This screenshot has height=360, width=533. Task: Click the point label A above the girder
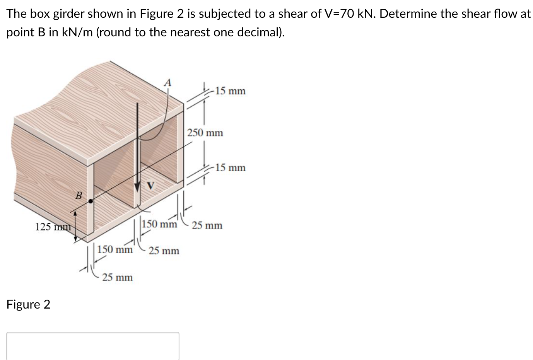[167, 82]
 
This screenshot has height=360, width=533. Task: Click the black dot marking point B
[91, 201]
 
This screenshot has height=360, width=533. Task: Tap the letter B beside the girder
[78, 196]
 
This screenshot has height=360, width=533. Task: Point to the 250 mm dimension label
[205, 133]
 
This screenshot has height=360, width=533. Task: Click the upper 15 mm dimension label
[230, 91]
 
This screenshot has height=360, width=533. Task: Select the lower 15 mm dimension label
[230, 168]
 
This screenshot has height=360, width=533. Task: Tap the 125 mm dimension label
[53, 227]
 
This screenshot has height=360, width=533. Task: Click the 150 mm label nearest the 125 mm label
[115, 249]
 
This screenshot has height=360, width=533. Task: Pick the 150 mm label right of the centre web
[159, 224]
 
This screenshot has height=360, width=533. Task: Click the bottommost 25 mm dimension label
[117, 278]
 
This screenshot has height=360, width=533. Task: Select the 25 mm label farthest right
[207, 225]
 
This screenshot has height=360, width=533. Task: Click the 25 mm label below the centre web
[164, 251]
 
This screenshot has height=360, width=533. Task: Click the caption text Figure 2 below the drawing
[28, 305]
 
